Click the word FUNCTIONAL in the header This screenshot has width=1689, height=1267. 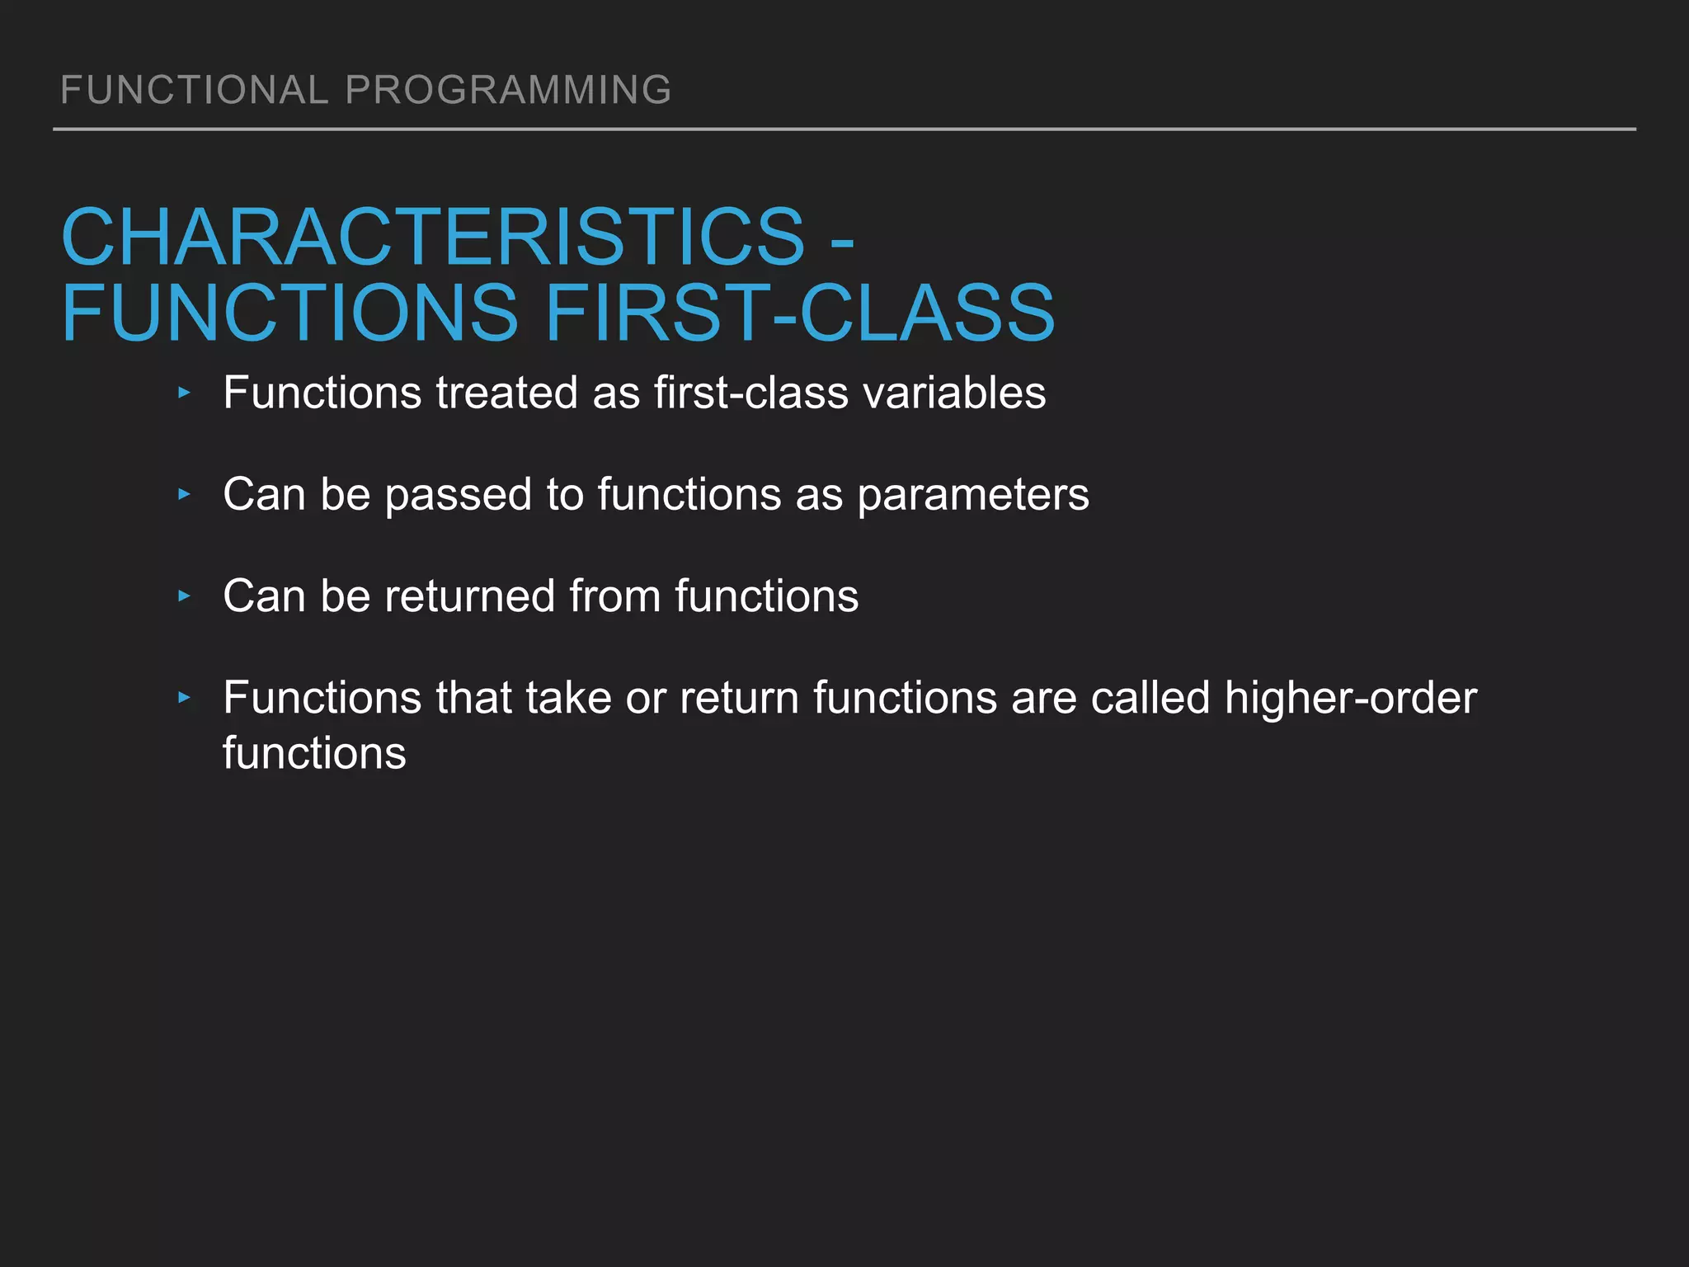(195, 90)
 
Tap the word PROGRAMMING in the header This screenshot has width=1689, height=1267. (508, 90)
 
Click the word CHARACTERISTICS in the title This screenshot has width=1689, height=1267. (433, 238)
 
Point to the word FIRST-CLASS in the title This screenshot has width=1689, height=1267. (799, 313)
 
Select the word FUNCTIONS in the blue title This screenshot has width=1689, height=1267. (289, 313)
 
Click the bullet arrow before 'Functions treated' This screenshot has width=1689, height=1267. (184, 393)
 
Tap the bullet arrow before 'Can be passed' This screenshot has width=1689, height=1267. (184, 495)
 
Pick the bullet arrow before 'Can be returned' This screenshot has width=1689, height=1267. (184, 596)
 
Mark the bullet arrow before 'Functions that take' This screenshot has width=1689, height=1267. (184, 698)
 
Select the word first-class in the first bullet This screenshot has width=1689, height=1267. (750, 393)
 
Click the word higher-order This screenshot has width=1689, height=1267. (1350, 699)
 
